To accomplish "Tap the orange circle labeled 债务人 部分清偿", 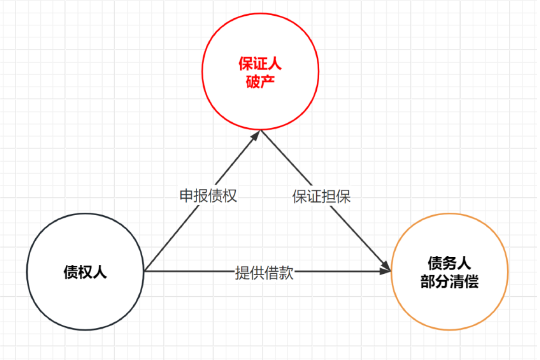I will tap(449, 271).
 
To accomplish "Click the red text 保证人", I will tap(260, 65).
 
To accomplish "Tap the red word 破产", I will tap(260, 82).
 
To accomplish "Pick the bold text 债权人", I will tap(85, 272).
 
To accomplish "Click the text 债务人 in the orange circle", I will tap(449, 264).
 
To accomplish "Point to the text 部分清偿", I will tap(449, 281).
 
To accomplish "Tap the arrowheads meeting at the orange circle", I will tap(386, 269).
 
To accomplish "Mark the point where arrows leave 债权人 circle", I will tap(144, 271).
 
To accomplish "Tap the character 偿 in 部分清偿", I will tap(471, 281).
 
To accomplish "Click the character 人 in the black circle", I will tap(100, 272).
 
